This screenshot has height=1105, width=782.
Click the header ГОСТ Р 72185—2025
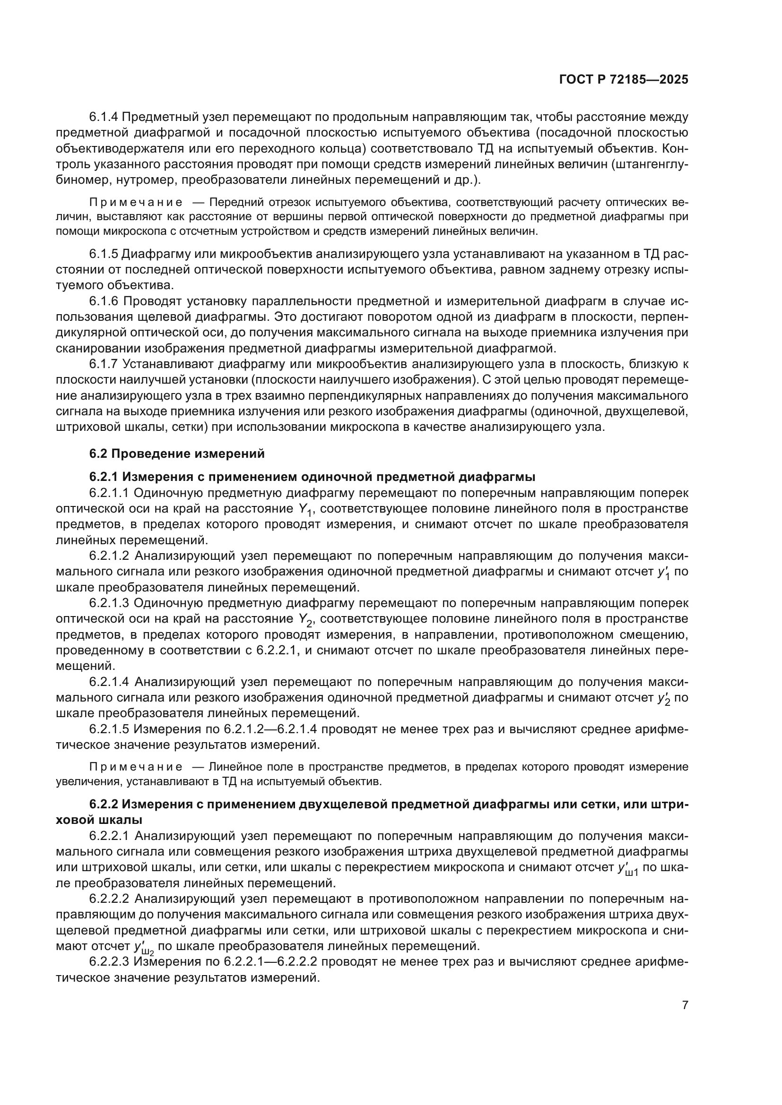[x=624, y=80]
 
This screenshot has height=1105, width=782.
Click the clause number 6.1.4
[x=104, y=117]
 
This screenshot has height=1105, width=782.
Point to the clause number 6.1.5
[x=104, y=254]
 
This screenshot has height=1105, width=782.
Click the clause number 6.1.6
[x=104, y=301]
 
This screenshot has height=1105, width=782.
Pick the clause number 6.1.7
[x=104, y=364]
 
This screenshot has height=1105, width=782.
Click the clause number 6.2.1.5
[x=109, y=729]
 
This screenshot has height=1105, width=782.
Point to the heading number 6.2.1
[x=104, y=477]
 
